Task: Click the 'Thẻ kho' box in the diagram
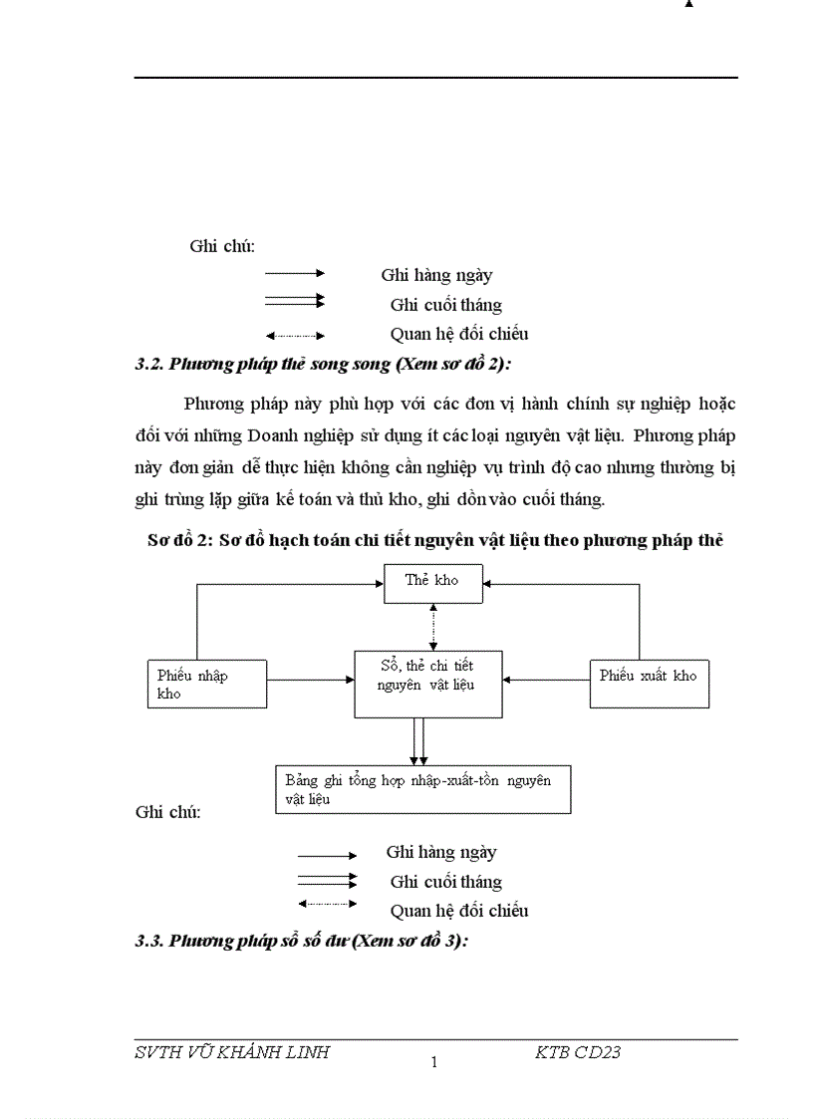(431, 582)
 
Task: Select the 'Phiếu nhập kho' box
(206, 684)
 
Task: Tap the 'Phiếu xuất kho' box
(649, 684)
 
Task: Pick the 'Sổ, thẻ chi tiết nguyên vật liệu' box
(427, 684)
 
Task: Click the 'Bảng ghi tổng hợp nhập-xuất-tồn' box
(422, 789)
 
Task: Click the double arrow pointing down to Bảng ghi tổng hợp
(419, 740)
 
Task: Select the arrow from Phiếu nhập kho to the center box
(310, 680)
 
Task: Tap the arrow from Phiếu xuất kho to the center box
(546, 680)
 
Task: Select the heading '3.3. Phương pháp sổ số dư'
(301, 941)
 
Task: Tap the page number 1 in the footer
(433, 1062)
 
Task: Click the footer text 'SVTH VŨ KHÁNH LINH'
(231, 1052)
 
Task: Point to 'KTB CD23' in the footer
(578, 1052)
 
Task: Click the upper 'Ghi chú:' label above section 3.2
(222, 245)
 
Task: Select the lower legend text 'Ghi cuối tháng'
(445, 882)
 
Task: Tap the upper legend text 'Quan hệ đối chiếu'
(458, 335)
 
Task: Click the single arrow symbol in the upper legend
(295, 272)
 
